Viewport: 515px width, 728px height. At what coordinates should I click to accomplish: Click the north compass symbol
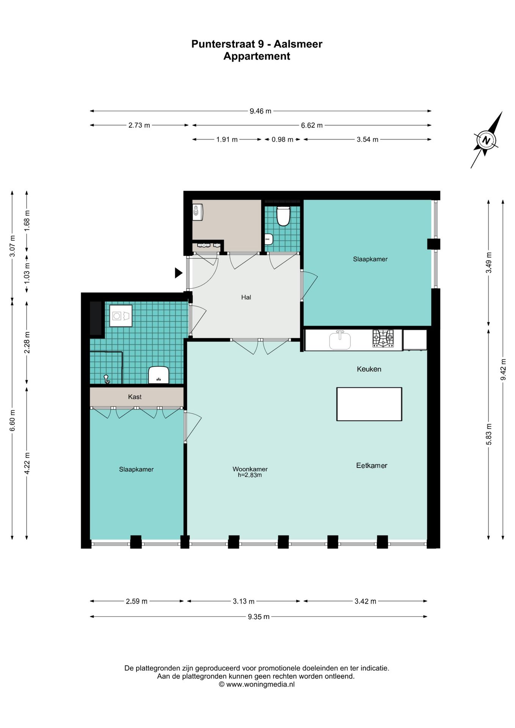(486, 140)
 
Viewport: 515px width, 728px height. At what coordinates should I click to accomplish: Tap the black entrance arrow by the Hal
(179, 273)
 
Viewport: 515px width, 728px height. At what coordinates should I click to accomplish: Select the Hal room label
(246, 297)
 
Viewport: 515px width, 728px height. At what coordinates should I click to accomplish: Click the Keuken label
(369, 369)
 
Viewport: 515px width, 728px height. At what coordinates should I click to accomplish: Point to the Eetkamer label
(372, 466)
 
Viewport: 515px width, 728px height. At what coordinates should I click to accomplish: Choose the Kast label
(135, 397)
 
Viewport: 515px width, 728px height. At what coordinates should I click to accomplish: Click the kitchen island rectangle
(369, 404)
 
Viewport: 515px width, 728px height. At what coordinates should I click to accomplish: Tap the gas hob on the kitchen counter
(383, 338)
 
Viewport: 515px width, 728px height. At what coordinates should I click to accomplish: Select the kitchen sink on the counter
(340, 340)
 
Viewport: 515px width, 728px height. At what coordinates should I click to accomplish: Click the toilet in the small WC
(283, 216)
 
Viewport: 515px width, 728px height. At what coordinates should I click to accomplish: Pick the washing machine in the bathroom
(121, 316)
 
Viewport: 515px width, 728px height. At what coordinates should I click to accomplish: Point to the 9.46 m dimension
(261, 111)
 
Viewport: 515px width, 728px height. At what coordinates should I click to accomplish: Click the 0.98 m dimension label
(283, 140)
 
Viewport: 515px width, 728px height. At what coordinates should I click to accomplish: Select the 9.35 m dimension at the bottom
(259, 617)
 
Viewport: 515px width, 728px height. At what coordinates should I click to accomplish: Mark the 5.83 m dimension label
(489, 435)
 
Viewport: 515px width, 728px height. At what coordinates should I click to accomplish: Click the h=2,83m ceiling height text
(250, 475)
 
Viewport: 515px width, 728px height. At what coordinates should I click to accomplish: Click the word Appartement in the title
(257, 56)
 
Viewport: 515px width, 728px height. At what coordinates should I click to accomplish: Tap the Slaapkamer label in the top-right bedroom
(370, 259)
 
